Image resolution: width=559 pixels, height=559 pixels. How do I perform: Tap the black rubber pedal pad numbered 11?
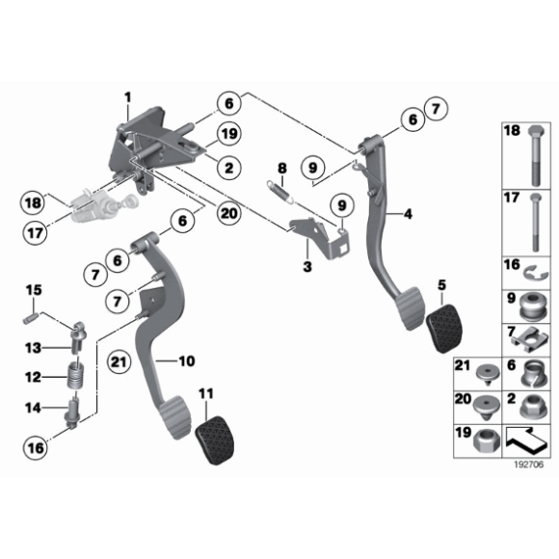coord(215,439)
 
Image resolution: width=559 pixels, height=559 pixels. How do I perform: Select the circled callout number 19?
coord(229,134)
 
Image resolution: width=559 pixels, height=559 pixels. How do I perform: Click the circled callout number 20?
coord(229,213)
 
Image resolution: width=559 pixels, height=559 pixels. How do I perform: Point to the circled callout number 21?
coord(120,362)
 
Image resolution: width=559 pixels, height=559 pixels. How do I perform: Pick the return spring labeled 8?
coord(280,193)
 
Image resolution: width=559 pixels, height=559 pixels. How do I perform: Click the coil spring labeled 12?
coord(76,377)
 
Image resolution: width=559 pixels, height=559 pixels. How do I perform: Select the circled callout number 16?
coord(36,448)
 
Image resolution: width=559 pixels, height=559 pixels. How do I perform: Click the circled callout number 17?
coord(35,233)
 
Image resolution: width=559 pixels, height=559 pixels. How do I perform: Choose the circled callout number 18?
coord(33,203)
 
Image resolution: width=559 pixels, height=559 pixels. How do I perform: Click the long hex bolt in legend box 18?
coord(536,155)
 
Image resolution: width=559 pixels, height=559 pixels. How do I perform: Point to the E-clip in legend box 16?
coord(536,274)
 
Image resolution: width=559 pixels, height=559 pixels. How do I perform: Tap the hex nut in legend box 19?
coord(486,441)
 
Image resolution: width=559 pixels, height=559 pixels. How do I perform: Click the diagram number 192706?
coord(529,465)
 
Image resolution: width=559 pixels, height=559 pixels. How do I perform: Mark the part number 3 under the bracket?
coord(306,266)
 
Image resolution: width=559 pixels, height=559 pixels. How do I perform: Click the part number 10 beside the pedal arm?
coord(187,360)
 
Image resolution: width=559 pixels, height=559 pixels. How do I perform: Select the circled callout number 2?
coord(229,168)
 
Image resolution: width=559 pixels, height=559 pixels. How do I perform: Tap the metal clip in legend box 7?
coord(530,340)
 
